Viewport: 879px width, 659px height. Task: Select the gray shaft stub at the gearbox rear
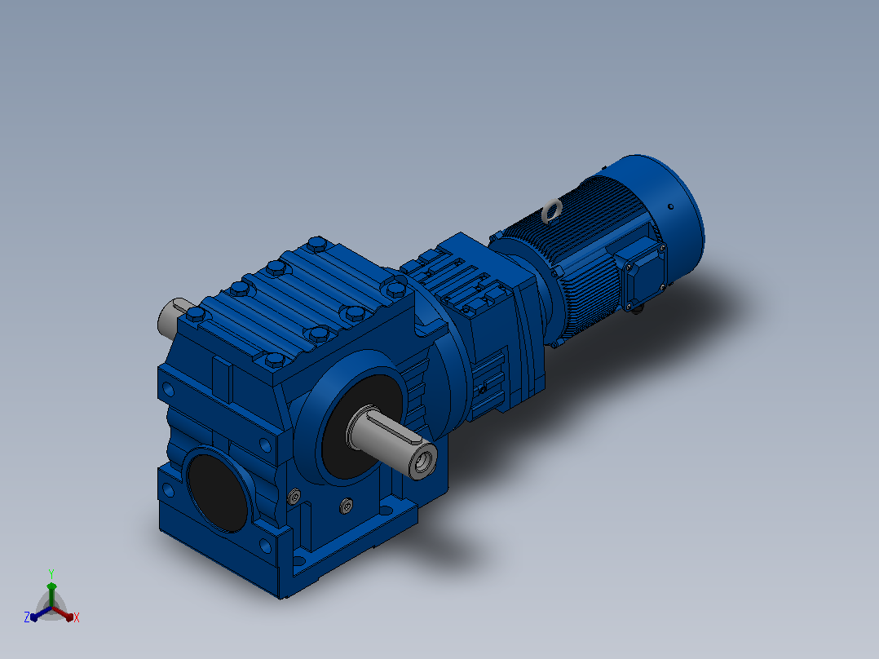[x=170, y=317]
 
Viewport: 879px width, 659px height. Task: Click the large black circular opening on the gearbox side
[x=218, y=493]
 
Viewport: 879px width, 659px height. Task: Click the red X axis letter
[x=77, y=617]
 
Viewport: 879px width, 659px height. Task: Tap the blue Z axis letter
[x=26, y=617]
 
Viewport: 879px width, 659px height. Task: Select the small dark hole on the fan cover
[x=671, y=207]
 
